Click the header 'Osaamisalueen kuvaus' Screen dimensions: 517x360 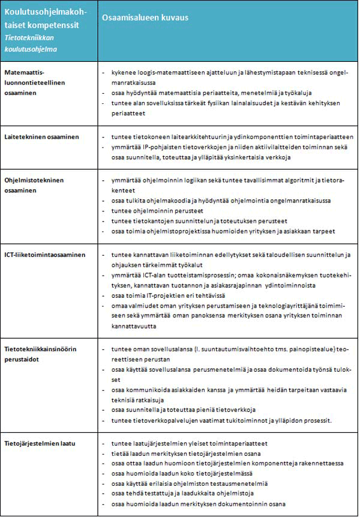pos(145,19)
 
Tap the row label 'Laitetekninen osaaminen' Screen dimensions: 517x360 pos(41,137)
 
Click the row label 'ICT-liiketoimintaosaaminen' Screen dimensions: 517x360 pos(44,255)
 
